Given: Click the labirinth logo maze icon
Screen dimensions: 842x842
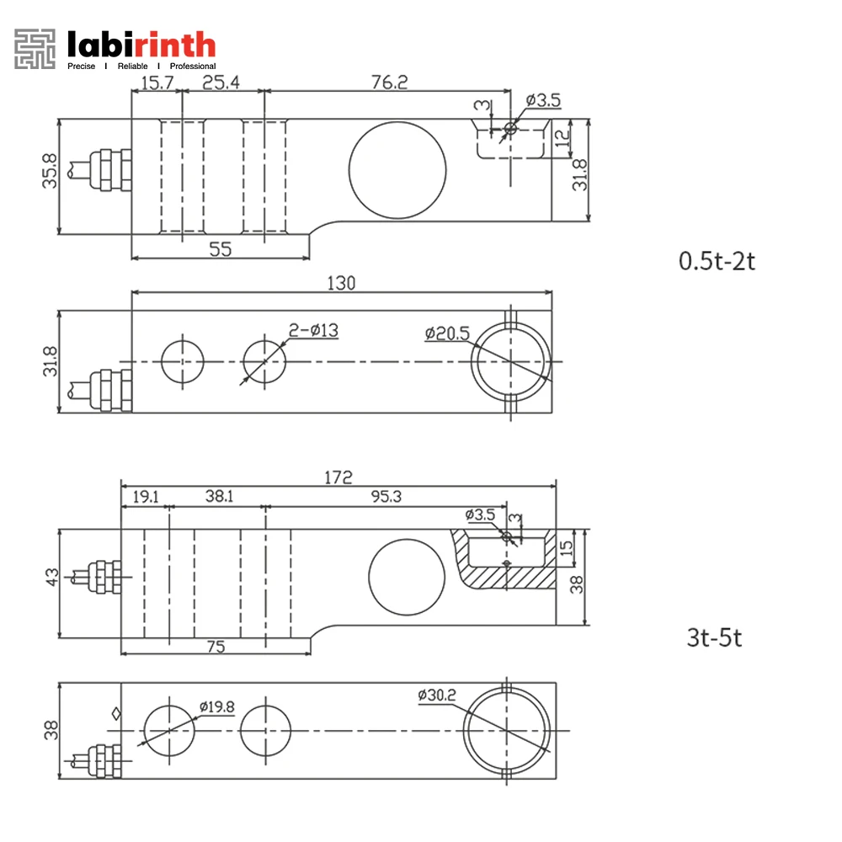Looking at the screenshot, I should (35, 49).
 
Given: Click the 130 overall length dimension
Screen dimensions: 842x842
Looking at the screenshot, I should (344, 284).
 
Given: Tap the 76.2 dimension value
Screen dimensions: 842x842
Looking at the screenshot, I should (389, 82).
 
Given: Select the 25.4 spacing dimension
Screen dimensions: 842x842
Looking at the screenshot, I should (221, 82).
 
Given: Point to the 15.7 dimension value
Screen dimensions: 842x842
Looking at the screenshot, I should (156, 82).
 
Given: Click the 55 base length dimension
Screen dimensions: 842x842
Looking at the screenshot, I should (220, 249).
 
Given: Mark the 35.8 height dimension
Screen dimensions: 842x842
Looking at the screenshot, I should (50, 171).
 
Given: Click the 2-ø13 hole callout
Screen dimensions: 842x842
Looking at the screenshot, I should (313, 331).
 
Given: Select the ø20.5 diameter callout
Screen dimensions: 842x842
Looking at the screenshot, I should (447, 334).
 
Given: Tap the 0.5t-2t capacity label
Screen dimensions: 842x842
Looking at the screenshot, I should (717, 260).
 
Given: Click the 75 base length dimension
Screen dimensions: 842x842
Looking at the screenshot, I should (216, 646).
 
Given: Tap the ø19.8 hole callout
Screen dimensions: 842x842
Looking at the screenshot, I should (216, 707).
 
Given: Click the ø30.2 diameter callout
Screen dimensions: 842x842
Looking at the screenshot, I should (437, 695).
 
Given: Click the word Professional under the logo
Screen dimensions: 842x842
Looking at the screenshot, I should (193, 66).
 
